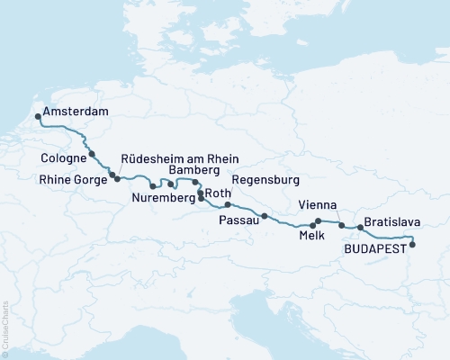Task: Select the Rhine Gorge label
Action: pyautogui.click(x=73, y=179)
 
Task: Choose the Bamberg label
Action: pyautogui.click(x=194, y=171)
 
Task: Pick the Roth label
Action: pyautogui.click(x=219, y=193)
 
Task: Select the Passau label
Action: pyautogui.click(x=238, y=219)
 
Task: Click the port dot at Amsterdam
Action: pyautogui.click(x=38, y=116)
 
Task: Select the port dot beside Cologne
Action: pyautogui.click(x=92, y=155)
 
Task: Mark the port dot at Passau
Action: pyautogui.click(x=265, y=216)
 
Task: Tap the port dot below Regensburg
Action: pyautogui.click(x=228, y=205)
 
